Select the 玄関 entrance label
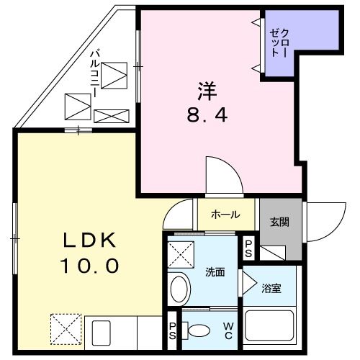click(x=280, y=222)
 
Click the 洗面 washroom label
click(x=215, y=272)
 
